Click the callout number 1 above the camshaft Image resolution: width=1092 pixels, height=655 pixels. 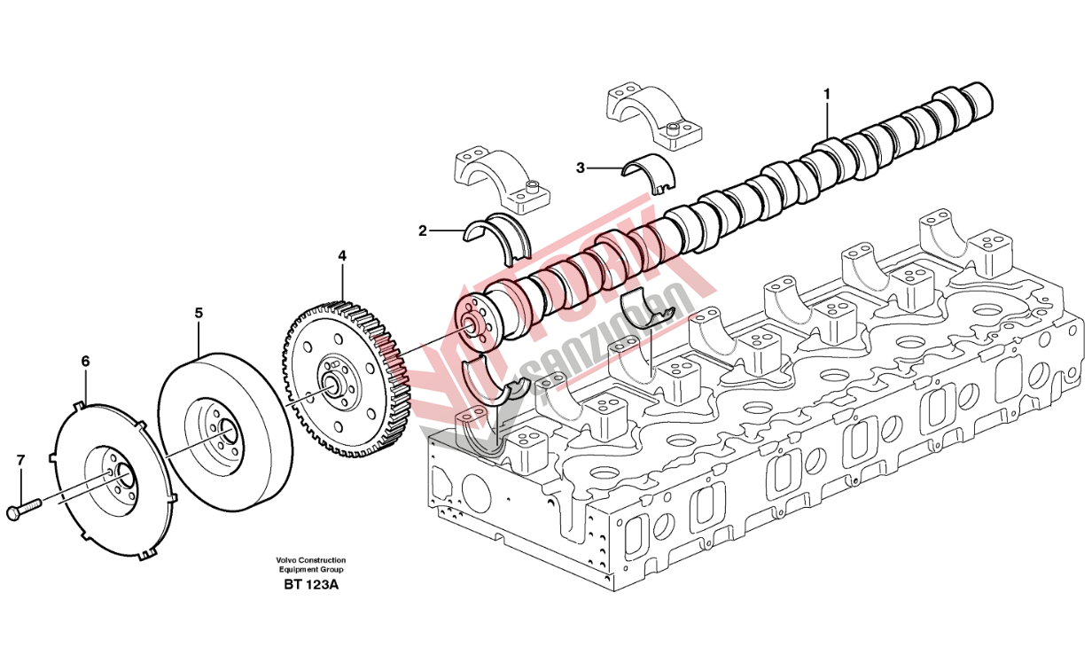click(x=826, y=93)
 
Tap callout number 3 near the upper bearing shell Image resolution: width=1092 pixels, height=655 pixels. click(x=581, y=167)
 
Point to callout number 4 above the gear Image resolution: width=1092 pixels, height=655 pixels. click(x=342, y=256)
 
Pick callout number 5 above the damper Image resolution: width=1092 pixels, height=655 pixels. click(x=199, y=313)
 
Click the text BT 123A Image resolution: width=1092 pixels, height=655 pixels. click(x=310, y=585)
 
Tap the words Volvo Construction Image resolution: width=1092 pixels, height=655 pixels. click(x=310, y=561)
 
